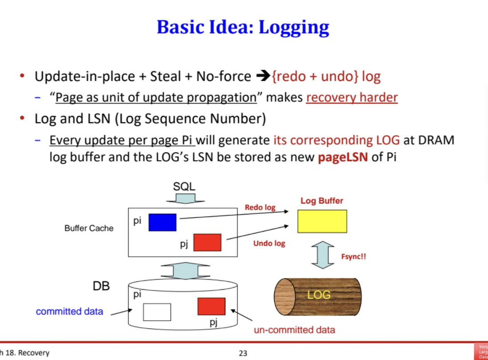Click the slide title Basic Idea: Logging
243,28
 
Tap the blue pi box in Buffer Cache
162,222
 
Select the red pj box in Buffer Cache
207,242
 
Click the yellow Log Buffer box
322,221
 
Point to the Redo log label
260,208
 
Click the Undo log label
269,244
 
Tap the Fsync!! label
353,256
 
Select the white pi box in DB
157,312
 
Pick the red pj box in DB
212,306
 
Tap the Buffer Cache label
89,228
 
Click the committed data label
69,312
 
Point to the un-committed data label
294,330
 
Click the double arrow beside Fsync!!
323,255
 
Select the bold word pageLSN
343,158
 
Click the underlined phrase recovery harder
352,97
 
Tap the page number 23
243,353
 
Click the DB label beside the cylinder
101,286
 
